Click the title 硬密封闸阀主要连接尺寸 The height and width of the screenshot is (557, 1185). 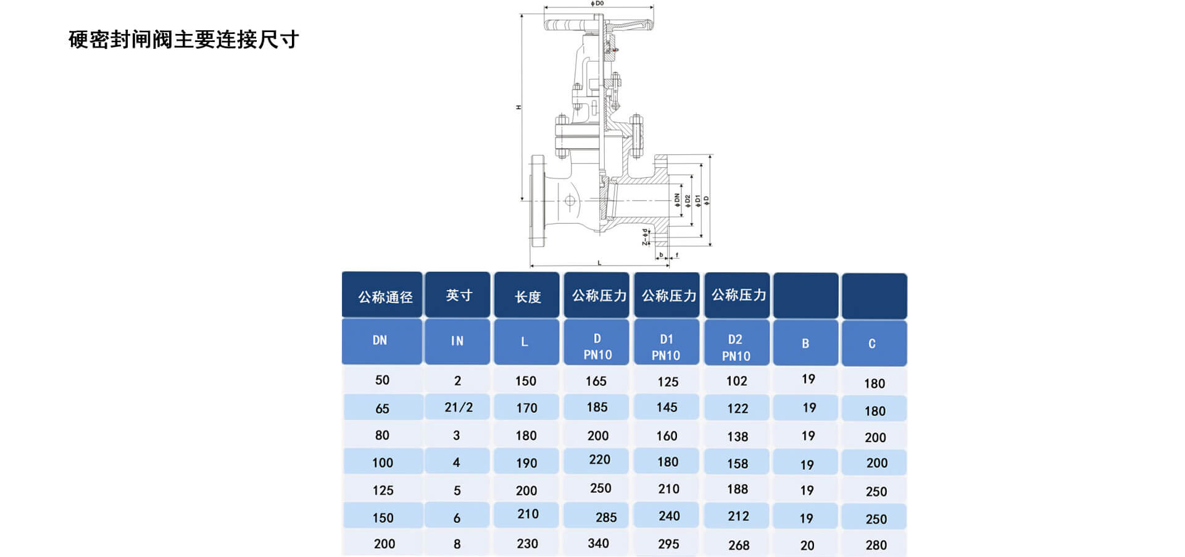tap(183, 40)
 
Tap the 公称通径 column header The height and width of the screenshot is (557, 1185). tap(385, 297)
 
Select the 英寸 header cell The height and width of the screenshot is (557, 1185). tap(459, 296)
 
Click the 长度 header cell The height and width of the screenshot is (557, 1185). tap(528, 297)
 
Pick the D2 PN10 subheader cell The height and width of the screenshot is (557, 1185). tap(736, 348)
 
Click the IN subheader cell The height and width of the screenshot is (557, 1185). tap(457, 341)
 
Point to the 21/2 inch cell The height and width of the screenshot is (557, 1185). tap(459, 408)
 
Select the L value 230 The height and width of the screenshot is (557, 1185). tap(527, 544)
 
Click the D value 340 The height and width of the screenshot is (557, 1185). tap(598, 543)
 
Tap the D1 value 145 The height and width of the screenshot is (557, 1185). tap(667, 408)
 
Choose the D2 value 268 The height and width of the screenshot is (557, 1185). tap(738, 545)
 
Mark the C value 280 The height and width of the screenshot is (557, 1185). tap(876, 545)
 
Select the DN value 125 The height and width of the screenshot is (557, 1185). tap(383, 490)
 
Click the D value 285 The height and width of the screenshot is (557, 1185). tap(605, 517)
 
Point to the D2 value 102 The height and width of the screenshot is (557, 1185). tap(736, 381)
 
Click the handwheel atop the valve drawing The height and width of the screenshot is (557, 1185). tap(597, 25)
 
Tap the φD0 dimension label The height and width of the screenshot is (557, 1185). tap(597, 4)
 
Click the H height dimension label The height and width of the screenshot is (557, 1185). tap(518, 107)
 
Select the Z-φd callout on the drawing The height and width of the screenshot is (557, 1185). tap(645, 237)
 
